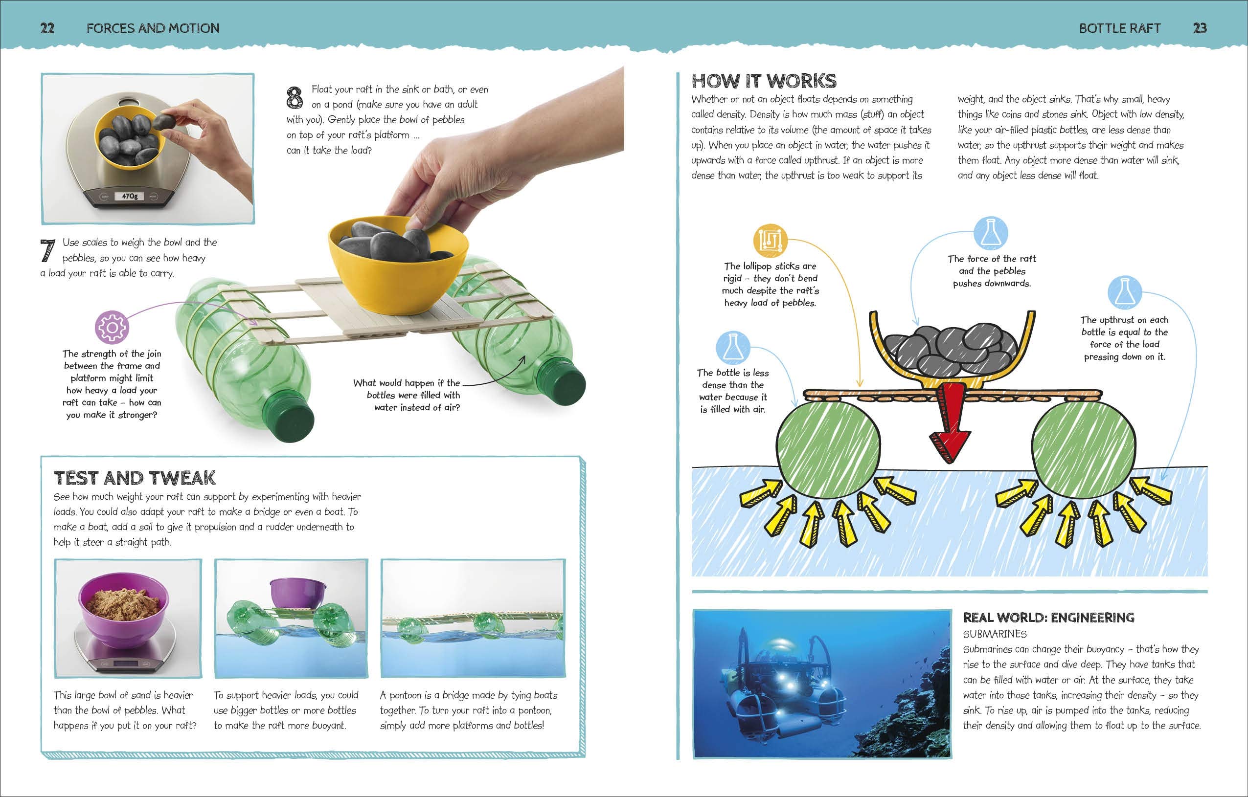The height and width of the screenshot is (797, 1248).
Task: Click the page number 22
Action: click(x=47, y=28)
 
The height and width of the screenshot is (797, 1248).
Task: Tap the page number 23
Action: click(x=1200, y=28)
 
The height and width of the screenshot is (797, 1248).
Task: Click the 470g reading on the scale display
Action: click(x=130, y=196)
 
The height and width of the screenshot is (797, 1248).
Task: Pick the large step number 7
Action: click(x=48, y=251)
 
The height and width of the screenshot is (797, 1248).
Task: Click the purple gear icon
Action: click(x=112, y=327)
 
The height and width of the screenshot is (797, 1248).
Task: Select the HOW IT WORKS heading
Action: click(x=764, y=81)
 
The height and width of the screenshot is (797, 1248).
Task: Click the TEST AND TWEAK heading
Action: click(x=135, y=478)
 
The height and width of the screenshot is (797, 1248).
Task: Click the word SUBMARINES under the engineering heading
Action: click(x=995, y=634)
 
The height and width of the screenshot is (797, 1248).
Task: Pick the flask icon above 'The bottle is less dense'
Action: click(x=732, y=347)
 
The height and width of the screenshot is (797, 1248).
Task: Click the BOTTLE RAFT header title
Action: click(x=1119, y=28)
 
